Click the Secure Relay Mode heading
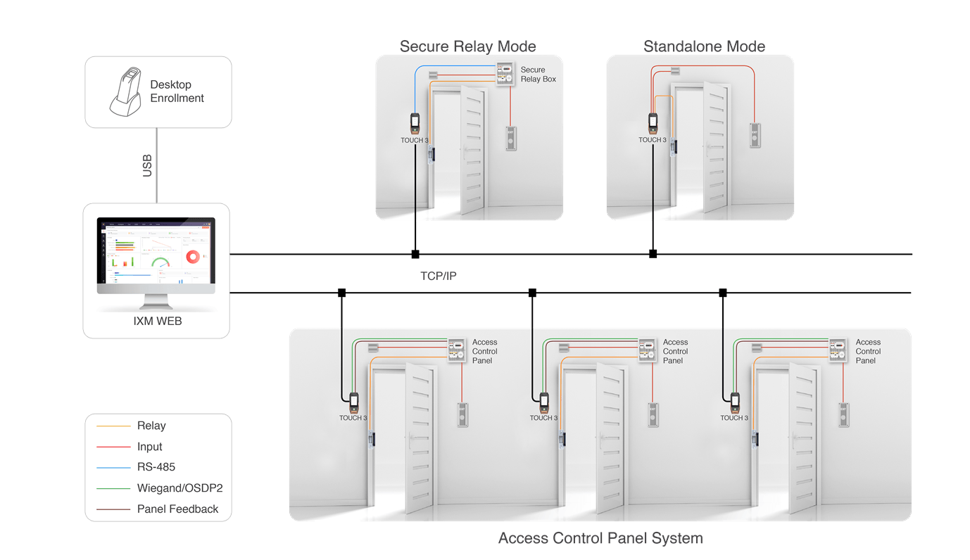pyautogui.click(x=467, y=46)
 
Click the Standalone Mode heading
pyautogui.click(x=704, y=46)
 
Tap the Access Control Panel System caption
pyautogui.click(x=600, y=538)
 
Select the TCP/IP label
pyautogui.click(x=438, y=276)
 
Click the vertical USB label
pyautogui.click(x=147, y=165)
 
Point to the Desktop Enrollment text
pyautogui.click(x=177, y=91)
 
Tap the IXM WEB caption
pyautogui.click(x=156, y=322)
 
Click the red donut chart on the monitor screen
pyautogui.click(x=193, y=257)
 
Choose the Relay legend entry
pyautogui.click(x=151, y=426)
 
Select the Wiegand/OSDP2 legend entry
pyautogui.click(x=179, y=488)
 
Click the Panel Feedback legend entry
pyautogui.click(x=177, y=509)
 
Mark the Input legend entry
pyautogui.click(x=149, y=447)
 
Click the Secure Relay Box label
pyautogui.click(x=538, y=75)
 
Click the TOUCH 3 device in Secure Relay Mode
pyautogui.click(x=415, y=123)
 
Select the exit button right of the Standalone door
pyautogui.click(x=755, y=134)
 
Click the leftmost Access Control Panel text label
pyautogui.click(x=484, y=351)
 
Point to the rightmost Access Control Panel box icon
pyautogui.click(x=837, y=350)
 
